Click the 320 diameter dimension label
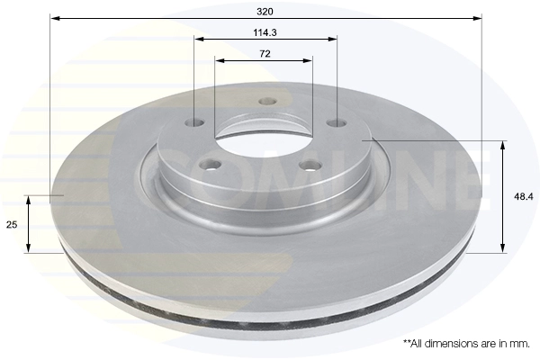click(x=265, y=12)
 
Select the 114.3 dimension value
click(x=265, y=32)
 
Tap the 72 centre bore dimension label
click(x=265, y=54)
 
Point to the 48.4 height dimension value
click(x=524, y=197)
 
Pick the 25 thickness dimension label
click(x=12, y=225)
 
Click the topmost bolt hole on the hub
click(x=267, y=102)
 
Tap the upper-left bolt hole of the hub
click(x=194, y=122)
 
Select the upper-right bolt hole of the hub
click(x=337, y=122)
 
